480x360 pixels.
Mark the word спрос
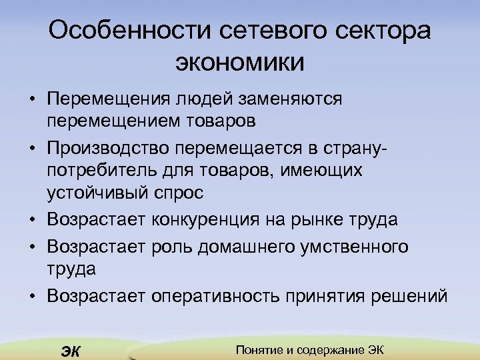pyautogui.click(x=177, y=194)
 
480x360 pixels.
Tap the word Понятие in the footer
pyautogui.click(x=260, y=350)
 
